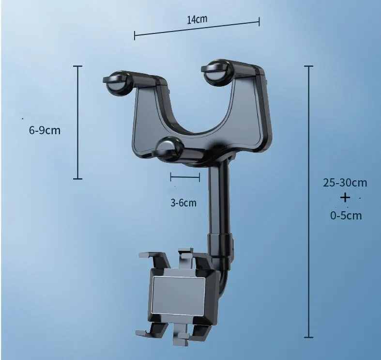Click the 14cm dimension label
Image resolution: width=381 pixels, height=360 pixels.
[197, 19]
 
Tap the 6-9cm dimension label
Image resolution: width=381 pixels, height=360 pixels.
[45, 130]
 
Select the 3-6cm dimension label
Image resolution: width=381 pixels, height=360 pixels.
[183, 203]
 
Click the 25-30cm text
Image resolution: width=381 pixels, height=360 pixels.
[345, 183]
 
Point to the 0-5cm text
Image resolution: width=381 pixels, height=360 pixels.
[346, 215]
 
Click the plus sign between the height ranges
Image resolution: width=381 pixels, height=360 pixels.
[345, 198]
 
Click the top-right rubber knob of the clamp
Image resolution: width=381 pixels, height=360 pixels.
[216, 71]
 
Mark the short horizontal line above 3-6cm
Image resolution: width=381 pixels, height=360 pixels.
[185, 177]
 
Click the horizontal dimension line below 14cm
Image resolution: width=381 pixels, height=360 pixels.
[197, 28]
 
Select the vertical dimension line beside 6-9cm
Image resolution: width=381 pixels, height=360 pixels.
[78, 122]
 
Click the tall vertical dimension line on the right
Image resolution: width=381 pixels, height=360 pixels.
[309, 201]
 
